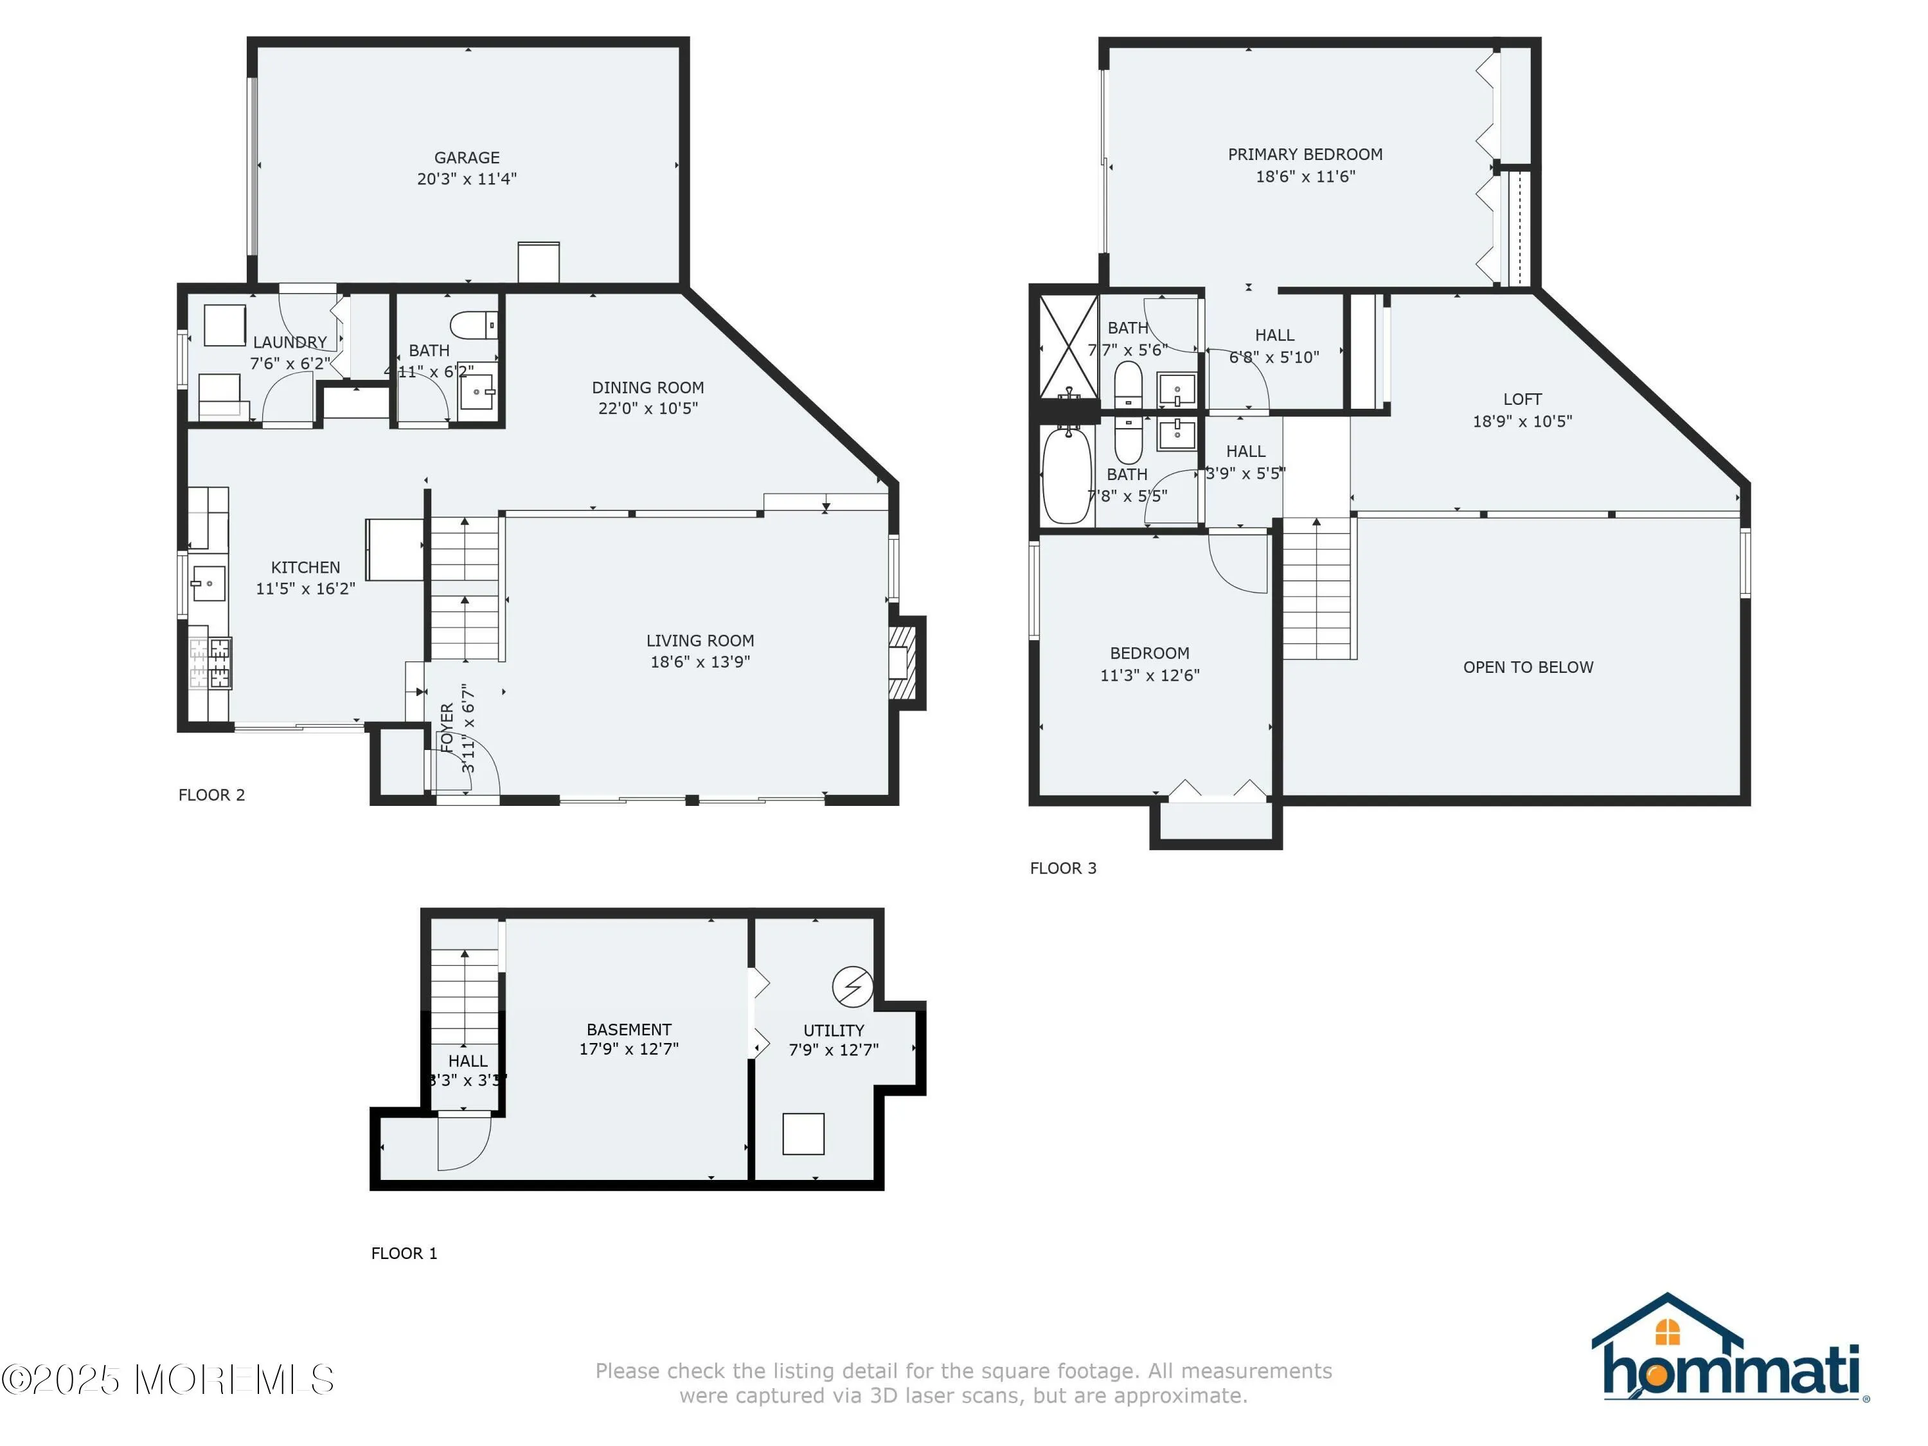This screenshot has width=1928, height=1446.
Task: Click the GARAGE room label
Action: tap(467, 157)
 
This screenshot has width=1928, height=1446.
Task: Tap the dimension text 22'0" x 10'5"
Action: tap(648, 408)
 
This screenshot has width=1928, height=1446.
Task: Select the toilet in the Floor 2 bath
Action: tap(474, 325)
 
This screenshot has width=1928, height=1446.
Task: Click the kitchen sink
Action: tap(208, 583)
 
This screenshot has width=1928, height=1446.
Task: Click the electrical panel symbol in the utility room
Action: tap(852, 986)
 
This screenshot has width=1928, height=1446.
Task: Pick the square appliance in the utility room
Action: tap(803, 1133)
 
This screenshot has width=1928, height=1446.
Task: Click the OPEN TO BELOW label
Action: tap(1527, 667)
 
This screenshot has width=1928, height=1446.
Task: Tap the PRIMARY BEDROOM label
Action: tap(1305, 154)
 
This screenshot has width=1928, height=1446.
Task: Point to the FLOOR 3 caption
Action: tap(1062, 868)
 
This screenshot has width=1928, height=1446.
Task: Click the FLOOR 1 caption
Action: tap(404, 1253)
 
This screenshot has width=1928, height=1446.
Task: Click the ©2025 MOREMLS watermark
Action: tap(167, 1380)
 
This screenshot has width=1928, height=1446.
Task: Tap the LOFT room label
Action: tap(1522, 399)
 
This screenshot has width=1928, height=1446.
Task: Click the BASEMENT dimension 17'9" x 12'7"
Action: tap(629, 1049)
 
